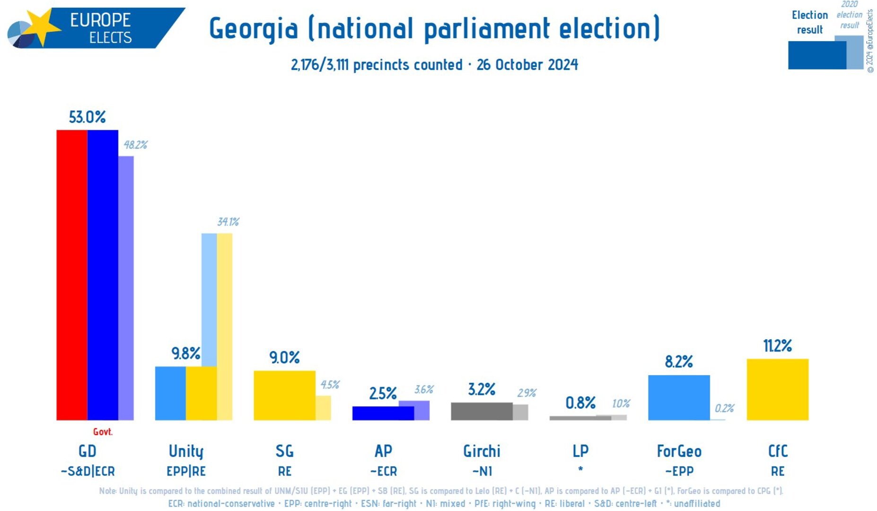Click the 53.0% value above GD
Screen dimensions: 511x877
pyautogui.click(x=87, y=117)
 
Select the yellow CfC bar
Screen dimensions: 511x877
pyautogui.click(x=777, y=389)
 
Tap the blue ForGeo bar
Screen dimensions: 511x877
pyautogui.click(x=678, y=397)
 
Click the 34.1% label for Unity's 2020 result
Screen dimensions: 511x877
pyautogui.click(x=228, y=222)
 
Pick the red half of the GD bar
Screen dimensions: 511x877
pyautogui.click(x=72, y=274)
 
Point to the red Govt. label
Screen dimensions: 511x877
pyautogui.click(x=103, y=432)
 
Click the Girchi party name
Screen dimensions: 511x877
pyautogui.click(x=482, y=451)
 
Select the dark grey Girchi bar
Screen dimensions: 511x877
pyautogui.click(x=482, y=411)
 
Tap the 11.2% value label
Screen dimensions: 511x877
pyautogui.click(x=777, y=346)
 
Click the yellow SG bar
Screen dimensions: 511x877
pyautogui.click(x=284, y=395)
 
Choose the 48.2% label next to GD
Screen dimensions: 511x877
pyautogui.click(x=135, y=145)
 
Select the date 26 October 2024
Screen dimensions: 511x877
pyautogui.click(x=527, y=64)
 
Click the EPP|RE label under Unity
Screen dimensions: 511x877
pyautogui.click(x=186, y=471)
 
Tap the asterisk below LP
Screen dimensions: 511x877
pyautogui.click(x=580, y=469)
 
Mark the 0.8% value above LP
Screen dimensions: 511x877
pyautogui.click(x=580, y=403)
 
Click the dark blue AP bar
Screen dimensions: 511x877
pyautogui.click(x=383, y=413)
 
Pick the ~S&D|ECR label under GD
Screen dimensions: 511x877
pyautogui.click(x=88, y=471)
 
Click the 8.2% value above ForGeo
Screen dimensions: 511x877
pyautogui.click(x=678, y=362)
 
